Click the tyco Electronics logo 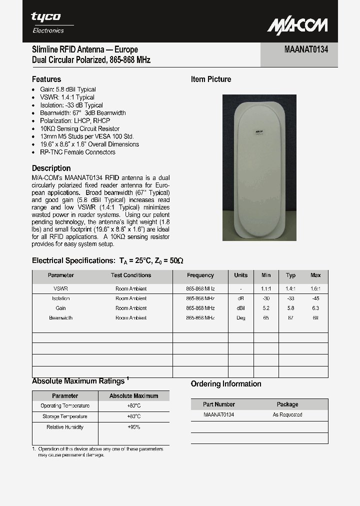[48, 22]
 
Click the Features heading [46, 79]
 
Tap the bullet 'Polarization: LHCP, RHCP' [74, 120]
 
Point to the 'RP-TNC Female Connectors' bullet [77, 152]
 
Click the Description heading [51, 168]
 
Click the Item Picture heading [211, 79]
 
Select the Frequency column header [200, 275]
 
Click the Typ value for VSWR [290, 288]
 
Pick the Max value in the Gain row [315, 308]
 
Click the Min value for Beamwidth [266, 317]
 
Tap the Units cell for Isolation [240, 298]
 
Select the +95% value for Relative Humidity [133, 427]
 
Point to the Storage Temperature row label [65, 416]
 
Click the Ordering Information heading [226, 384]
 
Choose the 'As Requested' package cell [287, 414]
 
